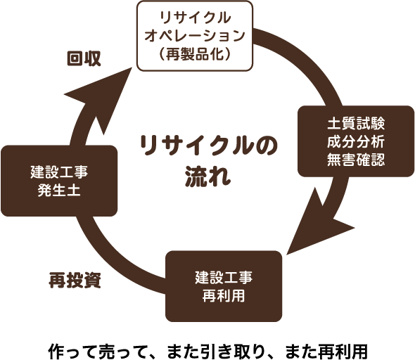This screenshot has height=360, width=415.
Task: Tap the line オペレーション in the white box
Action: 195,34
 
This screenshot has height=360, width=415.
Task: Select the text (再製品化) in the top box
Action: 195,53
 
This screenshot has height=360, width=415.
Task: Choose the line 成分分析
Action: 355,141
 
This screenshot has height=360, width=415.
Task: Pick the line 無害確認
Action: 355,159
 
